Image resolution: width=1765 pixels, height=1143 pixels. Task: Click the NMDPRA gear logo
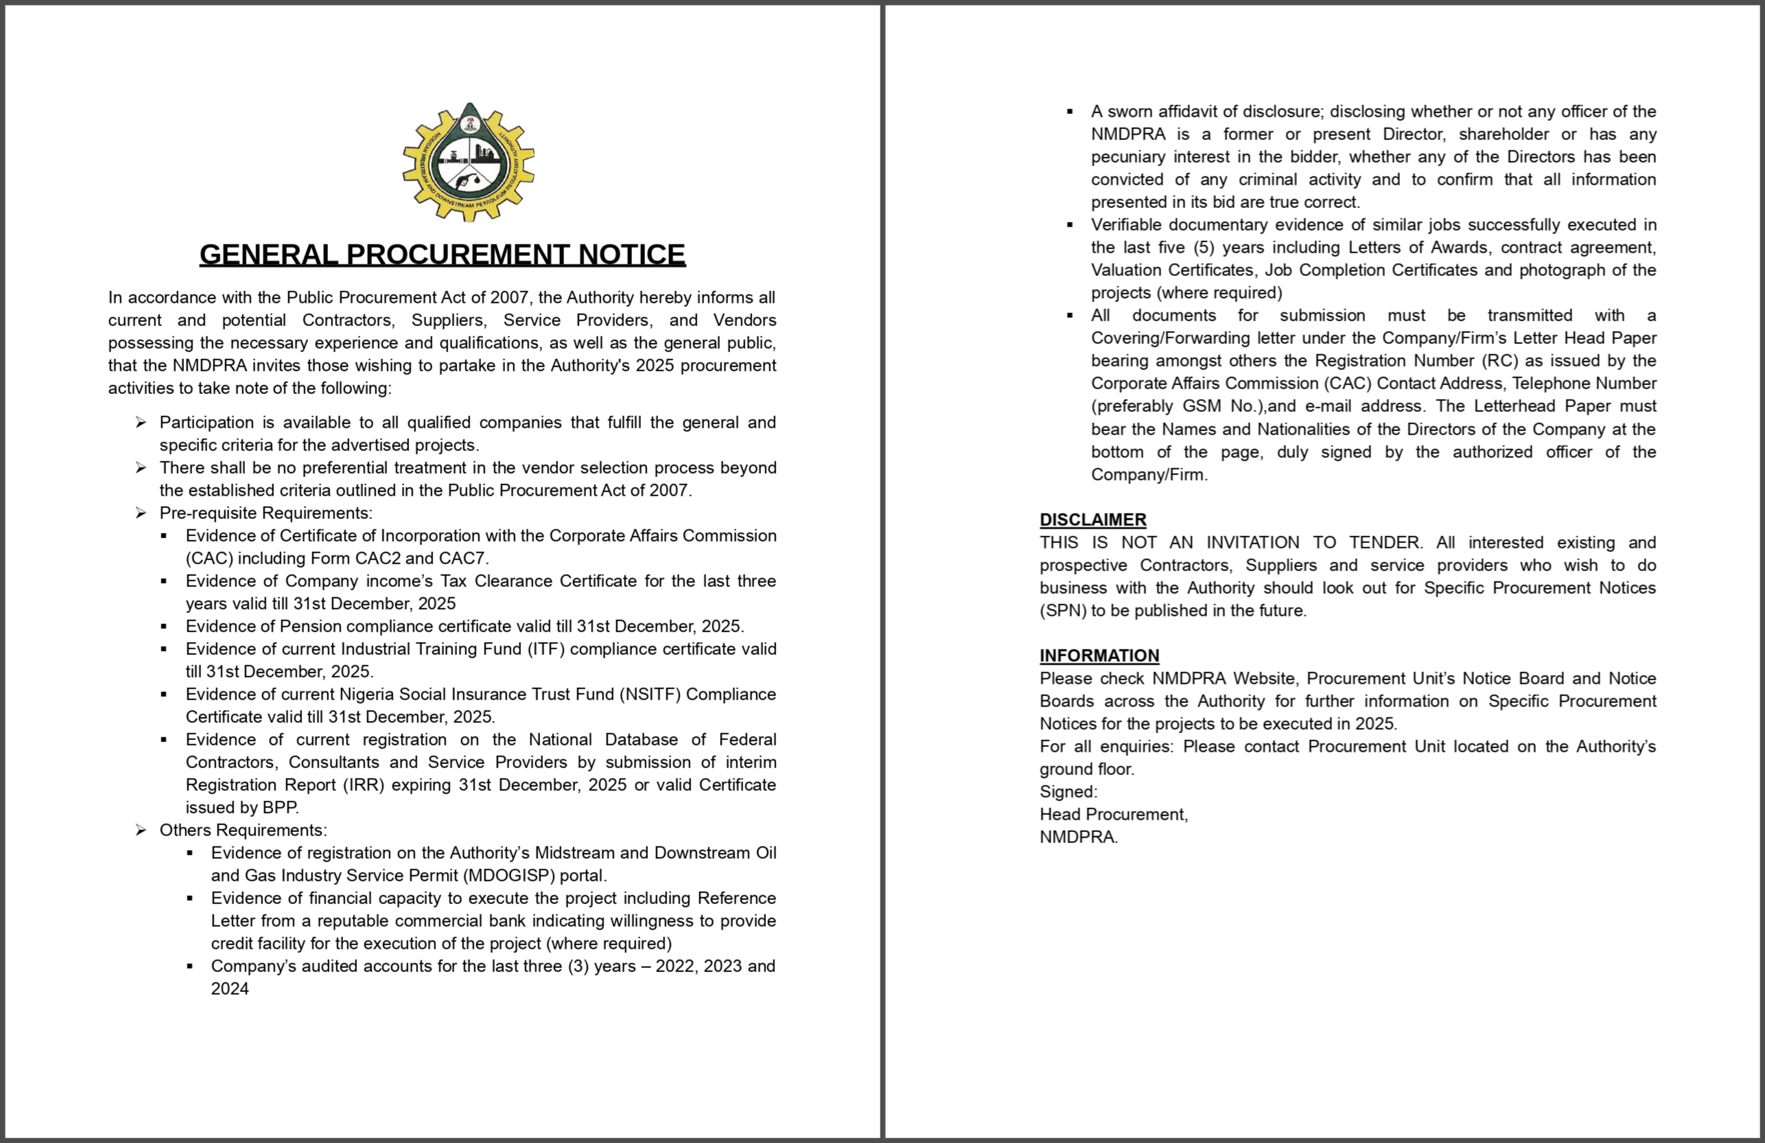(469, 163)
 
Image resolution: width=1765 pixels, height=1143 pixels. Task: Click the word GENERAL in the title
(268, 255)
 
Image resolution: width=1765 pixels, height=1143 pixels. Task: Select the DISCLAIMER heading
(1092, 519)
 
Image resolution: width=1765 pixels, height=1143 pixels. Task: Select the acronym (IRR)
(364, 785)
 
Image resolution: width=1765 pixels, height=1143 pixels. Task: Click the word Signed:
(1068, 792)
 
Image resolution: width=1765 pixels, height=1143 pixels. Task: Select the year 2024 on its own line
(230, 989)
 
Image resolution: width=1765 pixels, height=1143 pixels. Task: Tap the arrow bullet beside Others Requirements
(141, 830)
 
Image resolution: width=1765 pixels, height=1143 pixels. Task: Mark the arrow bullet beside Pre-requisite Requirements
(141, 513)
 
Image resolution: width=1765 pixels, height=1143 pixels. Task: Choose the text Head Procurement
(1113, 814)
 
